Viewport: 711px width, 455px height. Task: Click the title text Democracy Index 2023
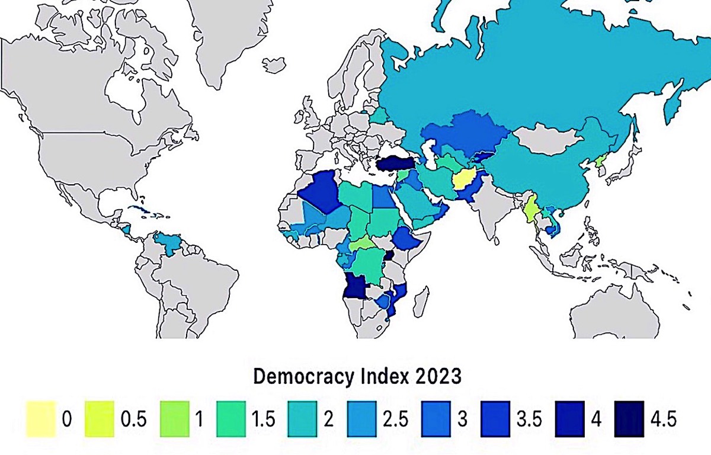[x=357, y=376]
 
